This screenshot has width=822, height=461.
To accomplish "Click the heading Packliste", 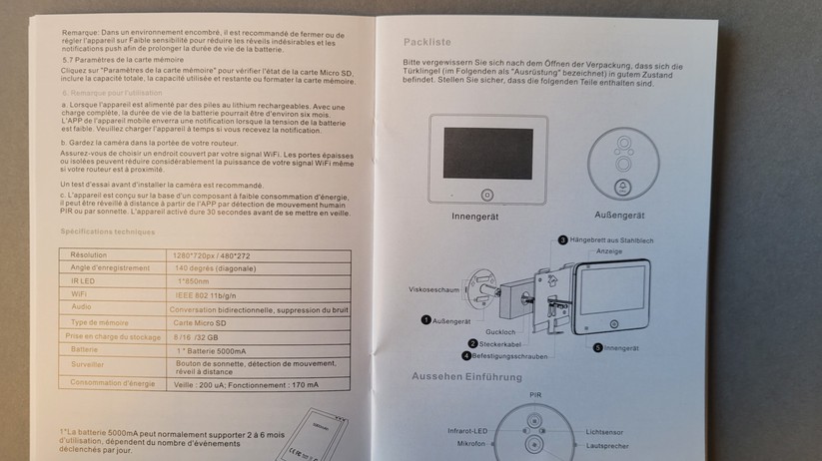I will tap(427, 42).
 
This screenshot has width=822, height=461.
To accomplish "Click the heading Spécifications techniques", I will tap(107, 231).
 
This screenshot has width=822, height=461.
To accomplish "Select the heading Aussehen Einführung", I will tap(466, 376).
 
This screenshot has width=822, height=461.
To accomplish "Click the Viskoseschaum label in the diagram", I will tap(433, 289).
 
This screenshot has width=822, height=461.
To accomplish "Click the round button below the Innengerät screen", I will tap(486, 196).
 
